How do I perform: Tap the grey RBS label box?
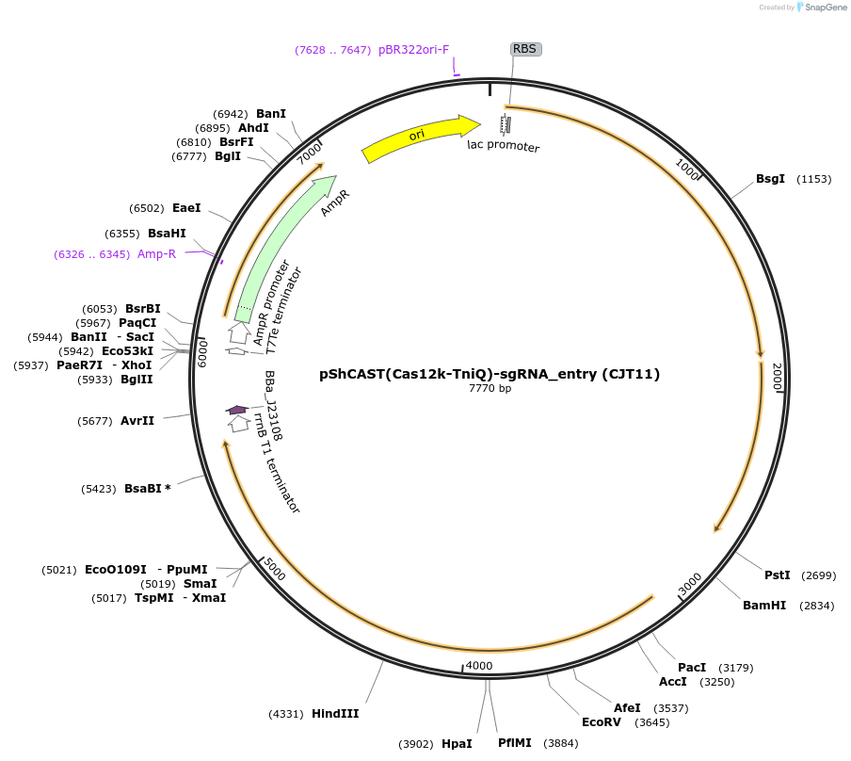[x=526, y=49]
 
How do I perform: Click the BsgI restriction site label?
[x=770, y=179]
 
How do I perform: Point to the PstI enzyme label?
[x=777, y=575]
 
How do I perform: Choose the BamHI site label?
[x=764, y=606]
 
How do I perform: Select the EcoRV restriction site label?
[x=602, y=722]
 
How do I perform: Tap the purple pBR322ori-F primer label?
[x=414, y=49]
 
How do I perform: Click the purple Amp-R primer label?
[x=156, y=254]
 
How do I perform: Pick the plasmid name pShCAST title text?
[x=490, y=374]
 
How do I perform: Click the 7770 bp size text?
[x=490, y=388]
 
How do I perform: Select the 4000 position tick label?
[x=479, y=666]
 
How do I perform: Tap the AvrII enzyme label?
[x=137, y=420]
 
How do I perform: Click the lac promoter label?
[x=504, y=146]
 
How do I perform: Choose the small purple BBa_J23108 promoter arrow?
[x=236, y=409]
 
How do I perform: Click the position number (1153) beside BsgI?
[x=814, y=179]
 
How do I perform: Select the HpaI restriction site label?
[x=457, y=743]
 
